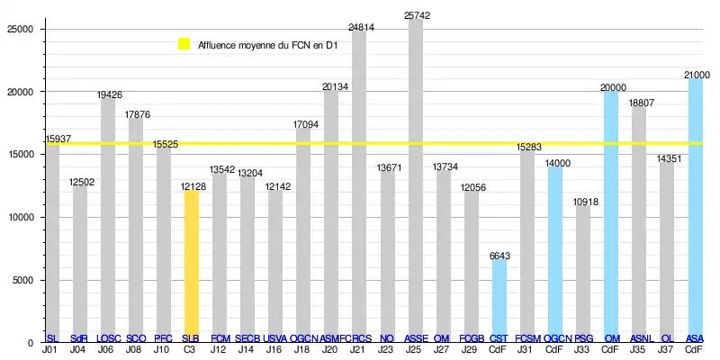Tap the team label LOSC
pyautogui.click(x=108, y=338)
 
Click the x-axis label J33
pyautogui.click(x=583, y=349)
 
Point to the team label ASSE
pyautogui.click(x=416, y=338)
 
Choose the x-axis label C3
pyautogui.click(x=191, y=349)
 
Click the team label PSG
pyautogui.click(x=583, y=338)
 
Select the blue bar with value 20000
pyautogui.click(x=611, y=216)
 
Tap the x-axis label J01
pyautogui.click(x=50, y=349)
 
